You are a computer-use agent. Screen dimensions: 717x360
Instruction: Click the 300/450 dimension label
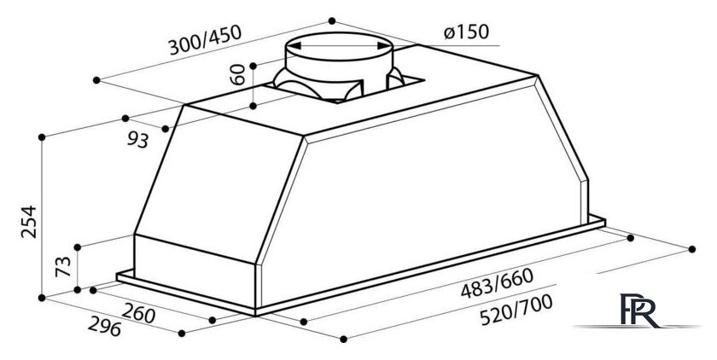tap(205, 40)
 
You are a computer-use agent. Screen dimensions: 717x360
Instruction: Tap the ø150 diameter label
tap(466, 32)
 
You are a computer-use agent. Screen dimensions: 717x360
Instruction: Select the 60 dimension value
tap(237, 74)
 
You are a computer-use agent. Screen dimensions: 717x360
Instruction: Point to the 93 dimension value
tap(137, 140)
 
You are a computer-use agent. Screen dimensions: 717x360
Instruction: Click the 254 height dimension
tap(29, 222)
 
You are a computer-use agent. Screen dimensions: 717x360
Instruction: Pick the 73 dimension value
tap(63, 266)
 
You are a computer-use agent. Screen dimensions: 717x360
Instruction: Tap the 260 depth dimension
tap(138, 313)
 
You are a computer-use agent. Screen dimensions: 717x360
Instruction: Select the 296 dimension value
tap(104, 326)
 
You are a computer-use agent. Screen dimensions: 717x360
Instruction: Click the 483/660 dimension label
tap(497, 283)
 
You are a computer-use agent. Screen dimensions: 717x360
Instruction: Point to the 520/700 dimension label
tap(516, 310)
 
